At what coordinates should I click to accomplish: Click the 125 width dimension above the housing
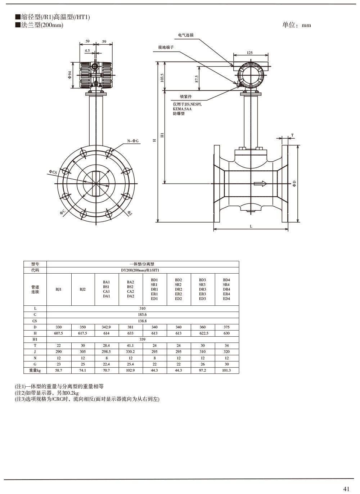coord(250,53)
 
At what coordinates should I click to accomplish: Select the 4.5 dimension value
coord(87,51)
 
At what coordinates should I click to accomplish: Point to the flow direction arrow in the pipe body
coord(260,184)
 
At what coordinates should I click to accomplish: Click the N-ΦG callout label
coord(132,141)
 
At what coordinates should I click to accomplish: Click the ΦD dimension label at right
coord(294,184)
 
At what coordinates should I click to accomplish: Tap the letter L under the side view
coord(251,226)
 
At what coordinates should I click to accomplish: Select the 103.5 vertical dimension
coord(162,78)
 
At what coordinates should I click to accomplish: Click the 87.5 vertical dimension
coord(197,79)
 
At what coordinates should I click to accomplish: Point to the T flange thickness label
coord(292,135)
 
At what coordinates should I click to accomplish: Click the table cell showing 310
coord(143,309)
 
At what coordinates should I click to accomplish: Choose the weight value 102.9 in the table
coord(130,370)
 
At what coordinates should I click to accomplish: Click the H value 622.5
coord(202,333)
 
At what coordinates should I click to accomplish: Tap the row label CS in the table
coord(35,321)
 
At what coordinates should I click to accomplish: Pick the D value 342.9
coord(107,327)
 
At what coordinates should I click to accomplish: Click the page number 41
coord(346,489)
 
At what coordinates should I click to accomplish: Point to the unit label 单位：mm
coord(297,25)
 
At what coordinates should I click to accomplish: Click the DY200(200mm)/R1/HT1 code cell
coord(143,270)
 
